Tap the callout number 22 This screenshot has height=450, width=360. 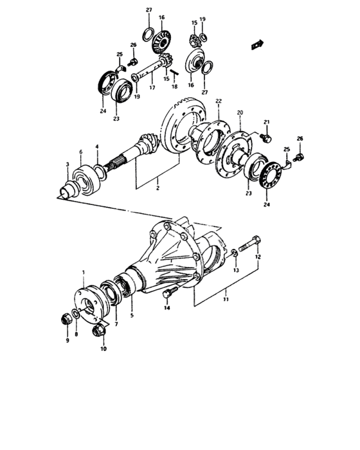218,102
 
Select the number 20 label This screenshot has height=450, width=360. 240,113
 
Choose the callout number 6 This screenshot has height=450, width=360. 80,152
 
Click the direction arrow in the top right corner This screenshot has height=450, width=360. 258,44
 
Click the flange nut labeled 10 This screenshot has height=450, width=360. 100,331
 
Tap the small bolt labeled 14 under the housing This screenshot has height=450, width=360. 168,292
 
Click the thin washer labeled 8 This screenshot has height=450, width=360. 76,314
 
